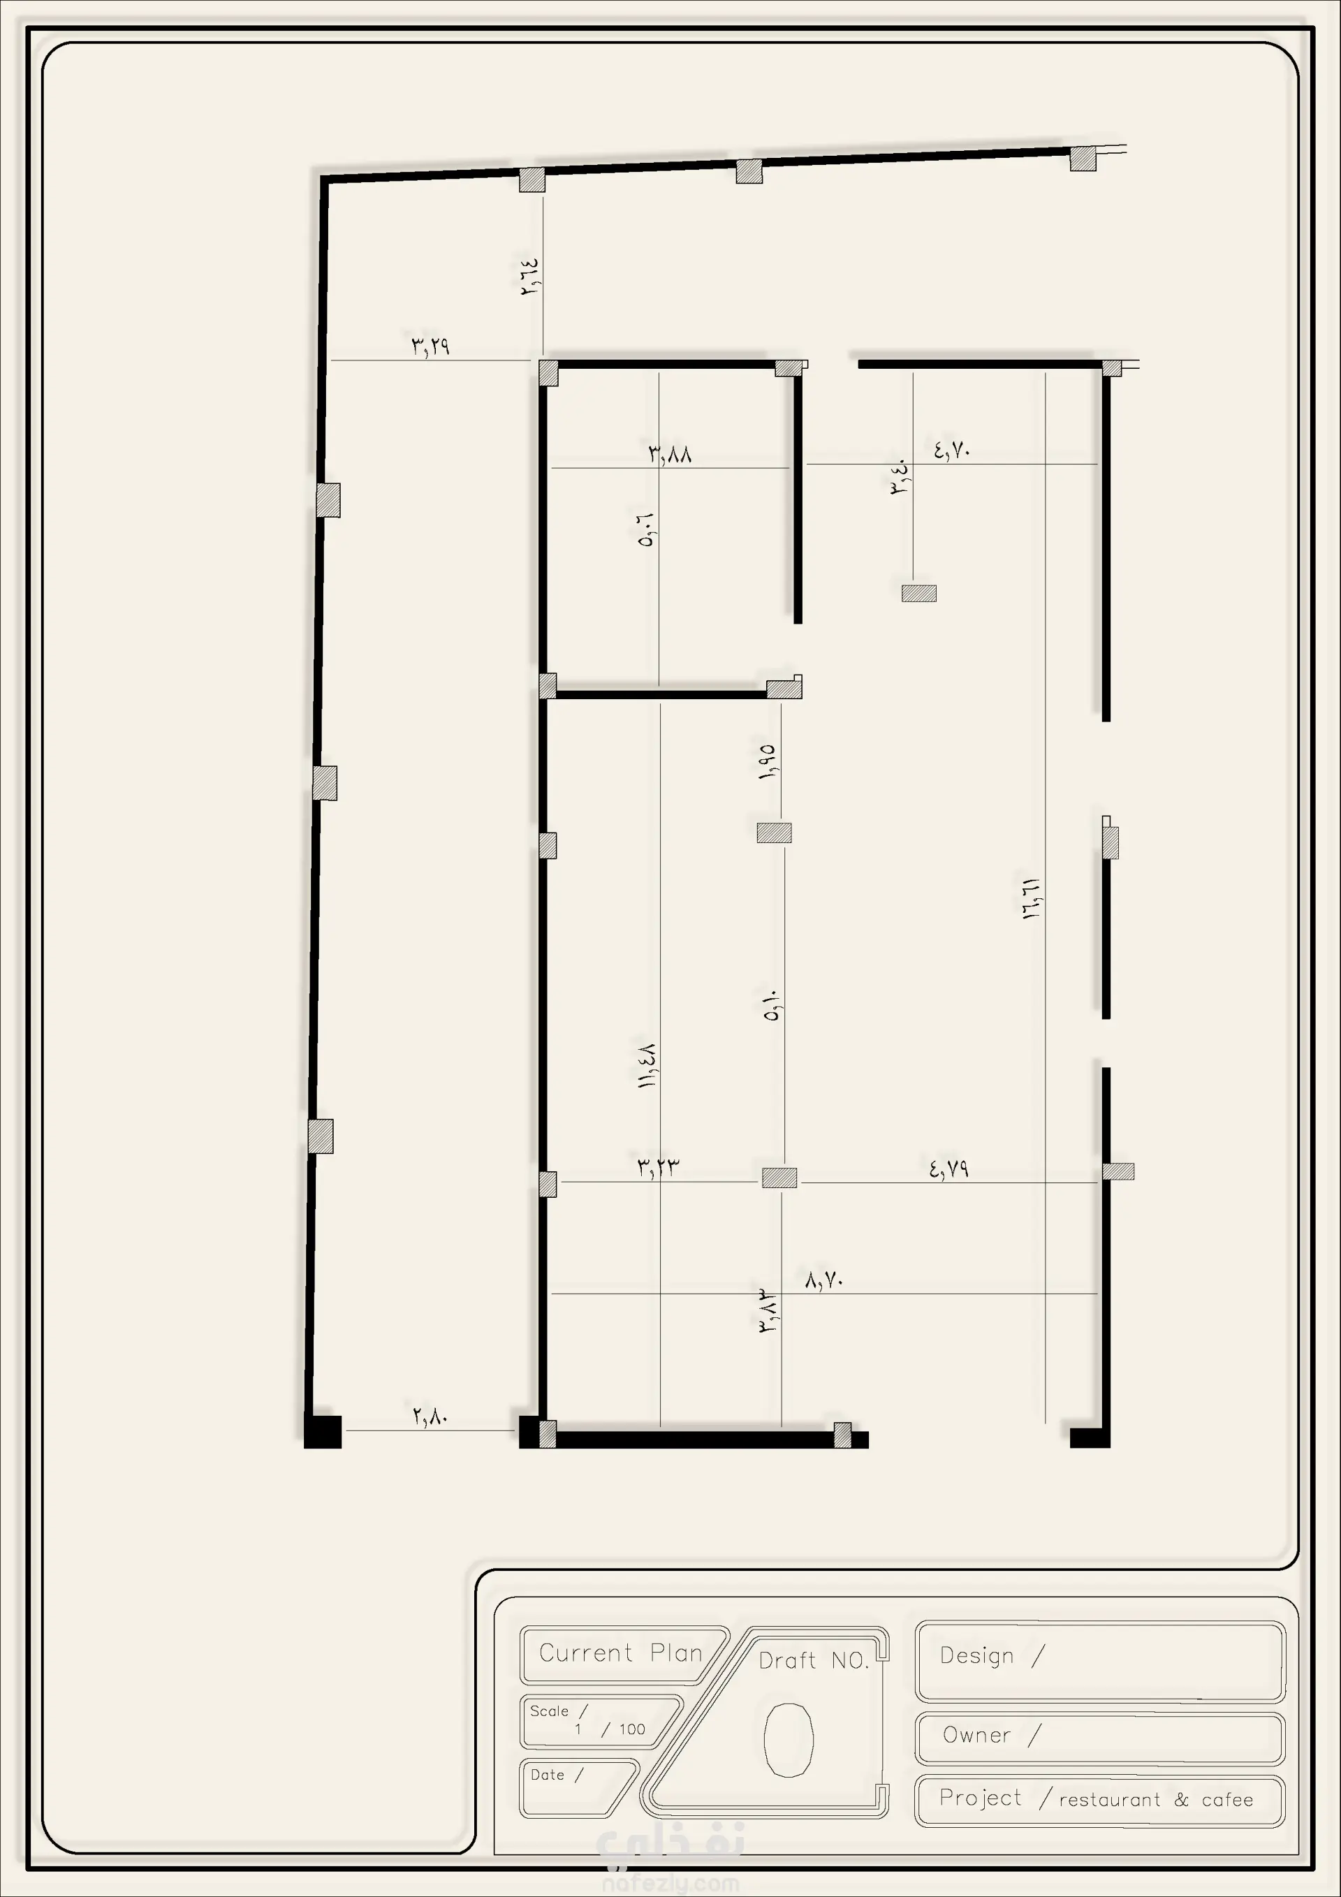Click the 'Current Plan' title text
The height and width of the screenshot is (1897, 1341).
click(x=620, y=1653)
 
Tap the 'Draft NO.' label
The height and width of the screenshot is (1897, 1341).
click(x=814, y=1661)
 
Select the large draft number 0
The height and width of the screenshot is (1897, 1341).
click(x=789, y=1739)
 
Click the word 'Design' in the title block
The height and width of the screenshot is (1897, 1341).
click(x=976, y=1656)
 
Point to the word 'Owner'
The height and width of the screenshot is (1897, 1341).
click(x=976, y=1735)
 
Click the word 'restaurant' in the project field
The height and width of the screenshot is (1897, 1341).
click(x=1110, y=1799)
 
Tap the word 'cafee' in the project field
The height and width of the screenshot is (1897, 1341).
click(x=1227, y=1799)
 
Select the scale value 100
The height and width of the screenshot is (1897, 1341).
click(x=632, y=1729)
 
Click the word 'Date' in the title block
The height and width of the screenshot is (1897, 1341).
click(x=547, y=1775)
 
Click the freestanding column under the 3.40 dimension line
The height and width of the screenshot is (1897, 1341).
click(x=918, y=593)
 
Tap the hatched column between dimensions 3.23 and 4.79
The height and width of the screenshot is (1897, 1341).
click(x=779, y=1178)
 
